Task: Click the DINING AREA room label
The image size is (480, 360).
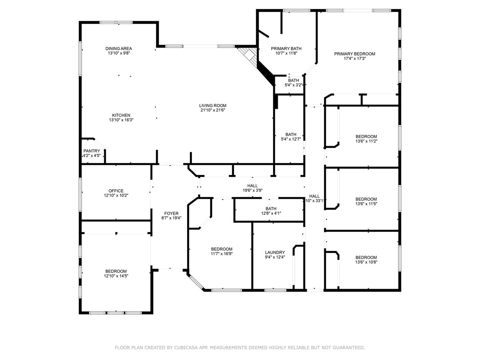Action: [x=118, y=48]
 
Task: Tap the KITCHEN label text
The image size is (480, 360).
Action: [x=121, y=115]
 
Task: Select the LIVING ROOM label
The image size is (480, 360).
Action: [x=212, y=105]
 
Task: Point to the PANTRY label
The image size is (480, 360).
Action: [x=92, y=151]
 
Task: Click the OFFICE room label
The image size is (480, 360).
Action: [x=116, y=191]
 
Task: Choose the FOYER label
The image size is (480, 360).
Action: [x=171, y=213]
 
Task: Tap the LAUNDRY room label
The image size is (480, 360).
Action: [x=275, y=252]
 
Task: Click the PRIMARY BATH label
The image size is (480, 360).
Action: [x=286, y=48]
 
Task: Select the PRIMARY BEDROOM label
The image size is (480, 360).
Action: [x=354, y=54]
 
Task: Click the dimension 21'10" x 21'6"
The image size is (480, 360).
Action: [x=212, y=110]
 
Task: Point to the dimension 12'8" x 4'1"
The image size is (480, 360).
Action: [x=271, y=213]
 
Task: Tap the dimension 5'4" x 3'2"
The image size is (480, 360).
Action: [x=294, y=85]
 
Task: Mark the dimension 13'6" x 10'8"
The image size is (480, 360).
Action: [x=366, y=262]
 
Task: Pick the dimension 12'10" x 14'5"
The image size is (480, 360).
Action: [x=116, y=276]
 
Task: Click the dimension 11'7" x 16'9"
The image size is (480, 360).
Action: [x=222, y=254]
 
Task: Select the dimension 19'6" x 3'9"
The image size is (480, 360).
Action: [x=252, y=190]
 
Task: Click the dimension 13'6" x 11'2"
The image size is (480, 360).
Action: [x=366, y=141]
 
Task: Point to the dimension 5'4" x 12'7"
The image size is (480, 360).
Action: [x=291, y=139]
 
